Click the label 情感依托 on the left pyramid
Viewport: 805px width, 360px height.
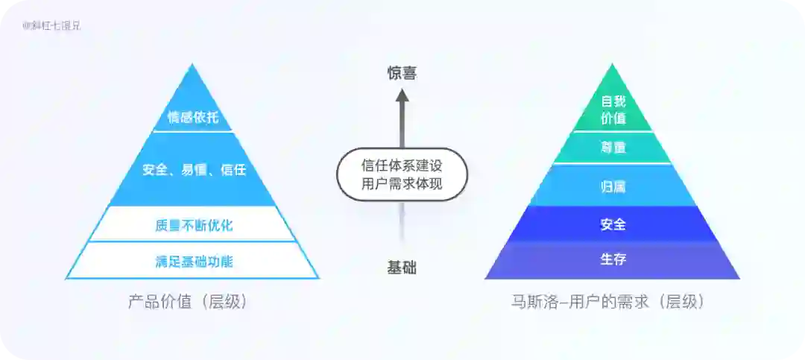point(192,118)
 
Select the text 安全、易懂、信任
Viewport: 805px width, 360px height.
point(193,169)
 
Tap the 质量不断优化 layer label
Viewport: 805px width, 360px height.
point(193,224)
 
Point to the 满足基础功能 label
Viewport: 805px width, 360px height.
point(193,261)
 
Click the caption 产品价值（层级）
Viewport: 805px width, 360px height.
point(188,302)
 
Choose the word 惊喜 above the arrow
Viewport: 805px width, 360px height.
point(402,73)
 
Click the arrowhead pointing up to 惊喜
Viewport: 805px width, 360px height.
point(402,95)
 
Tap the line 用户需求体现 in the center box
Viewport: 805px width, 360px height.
point(402,184)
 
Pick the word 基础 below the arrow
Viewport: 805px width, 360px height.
point(402,268)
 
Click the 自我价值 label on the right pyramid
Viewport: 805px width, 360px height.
point(613,110)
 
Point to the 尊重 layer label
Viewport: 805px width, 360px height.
point(613,148)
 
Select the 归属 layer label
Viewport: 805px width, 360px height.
point(613,186)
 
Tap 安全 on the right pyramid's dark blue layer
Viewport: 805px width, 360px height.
point(613,224)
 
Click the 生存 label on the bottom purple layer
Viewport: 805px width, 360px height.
point(613,259)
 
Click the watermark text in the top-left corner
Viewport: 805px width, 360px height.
point(51,25)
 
